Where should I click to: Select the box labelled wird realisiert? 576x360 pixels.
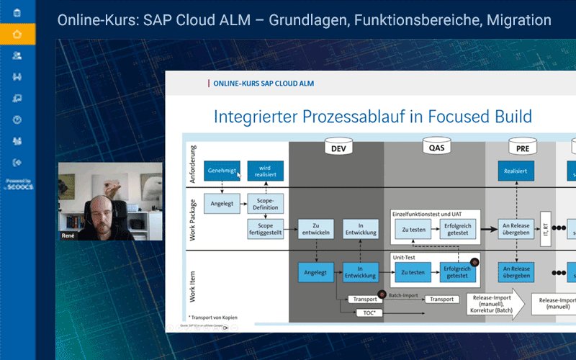coord(266,171)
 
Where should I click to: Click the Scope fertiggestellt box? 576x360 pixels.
coord(266,229)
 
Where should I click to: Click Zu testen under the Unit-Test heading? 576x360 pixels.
coord(413,272)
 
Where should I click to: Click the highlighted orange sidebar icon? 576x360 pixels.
coord(17,33)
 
